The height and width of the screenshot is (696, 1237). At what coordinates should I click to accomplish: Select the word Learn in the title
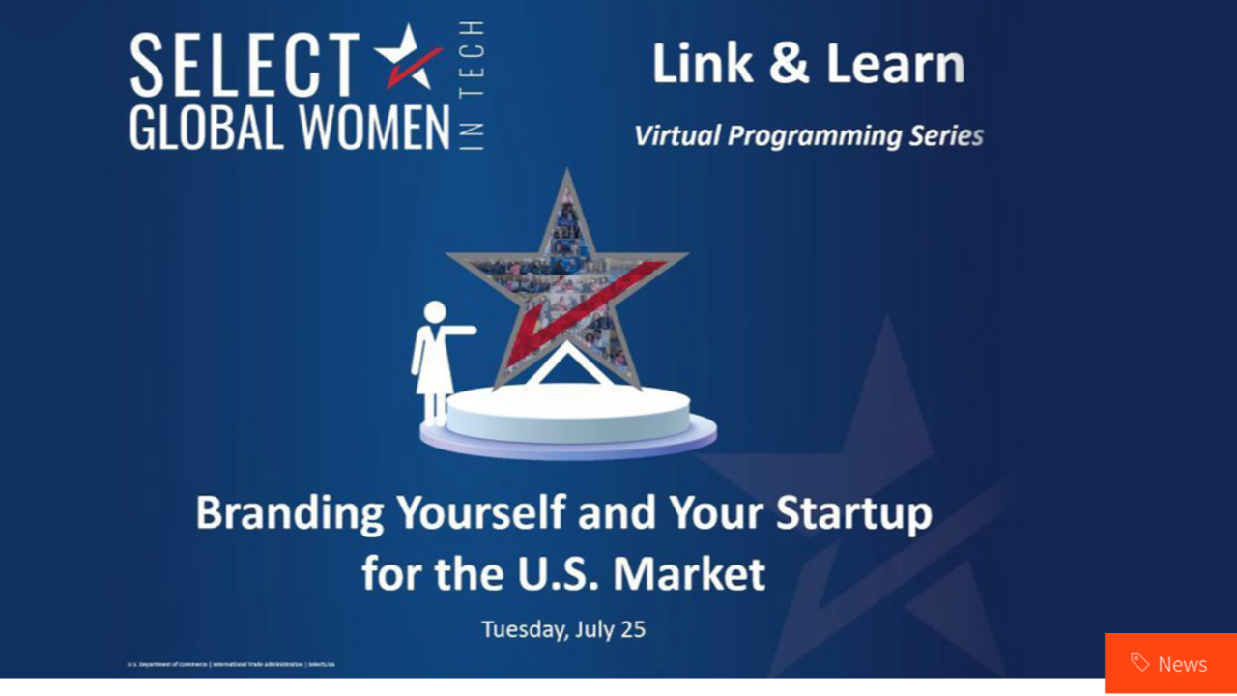[896, 64]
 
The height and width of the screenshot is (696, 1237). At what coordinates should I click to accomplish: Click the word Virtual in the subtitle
[676, 136]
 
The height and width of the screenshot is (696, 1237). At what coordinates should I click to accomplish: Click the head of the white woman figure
[435, 312]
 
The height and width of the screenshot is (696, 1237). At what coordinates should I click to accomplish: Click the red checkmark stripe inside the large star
[590, 309]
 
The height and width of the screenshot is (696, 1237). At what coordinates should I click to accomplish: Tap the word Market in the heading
[689, 573]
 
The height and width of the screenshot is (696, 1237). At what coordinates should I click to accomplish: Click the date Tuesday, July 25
[563, 629]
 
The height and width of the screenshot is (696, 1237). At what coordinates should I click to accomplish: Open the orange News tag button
[1170, 663]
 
